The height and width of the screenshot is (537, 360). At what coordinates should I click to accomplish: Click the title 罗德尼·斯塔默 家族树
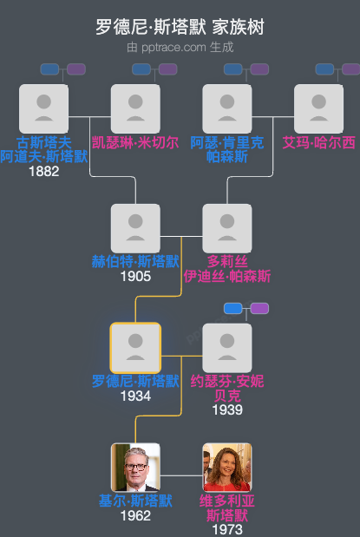tap(180, 28)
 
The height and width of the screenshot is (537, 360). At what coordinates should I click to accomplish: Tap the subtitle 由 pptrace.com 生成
tap(180, 47)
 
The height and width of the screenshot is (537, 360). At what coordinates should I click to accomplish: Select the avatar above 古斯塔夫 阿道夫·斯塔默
tap(43, 108)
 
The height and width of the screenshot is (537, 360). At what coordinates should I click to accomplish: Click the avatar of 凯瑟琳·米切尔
tap(135, 108)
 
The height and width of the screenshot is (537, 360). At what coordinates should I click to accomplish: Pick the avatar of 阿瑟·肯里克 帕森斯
tap(227, 108)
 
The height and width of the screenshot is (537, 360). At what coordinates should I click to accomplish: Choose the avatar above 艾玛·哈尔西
tap(318, 108)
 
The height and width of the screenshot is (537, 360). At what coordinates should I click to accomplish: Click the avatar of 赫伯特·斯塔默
tap(135, 228)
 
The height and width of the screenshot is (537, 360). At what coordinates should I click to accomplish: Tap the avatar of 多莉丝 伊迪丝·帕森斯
tap(227, 228)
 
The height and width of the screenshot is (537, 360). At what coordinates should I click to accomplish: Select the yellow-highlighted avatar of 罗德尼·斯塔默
tap(135, 348)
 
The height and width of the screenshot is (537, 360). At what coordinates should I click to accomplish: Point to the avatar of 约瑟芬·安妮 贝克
tap(227, 348)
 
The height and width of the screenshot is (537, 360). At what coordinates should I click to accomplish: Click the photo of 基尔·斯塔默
tap(135, 468)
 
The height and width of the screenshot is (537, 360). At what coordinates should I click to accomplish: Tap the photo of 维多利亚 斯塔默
tap(227, 468)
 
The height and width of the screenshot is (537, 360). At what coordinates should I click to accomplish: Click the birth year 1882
tap(43, 172)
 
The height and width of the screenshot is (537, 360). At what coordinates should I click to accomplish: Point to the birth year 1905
tap(135, 277)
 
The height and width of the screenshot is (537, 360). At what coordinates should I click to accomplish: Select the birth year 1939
tap(227, 409)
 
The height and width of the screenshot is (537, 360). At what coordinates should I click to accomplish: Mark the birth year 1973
tap(227, 529)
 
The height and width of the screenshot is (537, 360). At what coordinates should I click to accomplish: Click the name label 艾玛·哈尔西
tap(318, 142)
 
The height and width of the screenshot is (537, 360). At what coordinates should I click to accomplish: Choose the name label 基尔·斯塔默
tap(135, 501)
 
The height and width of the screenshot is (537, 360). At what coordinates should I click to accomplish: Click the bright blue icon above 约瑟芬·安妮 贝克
tap(232, 308)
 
